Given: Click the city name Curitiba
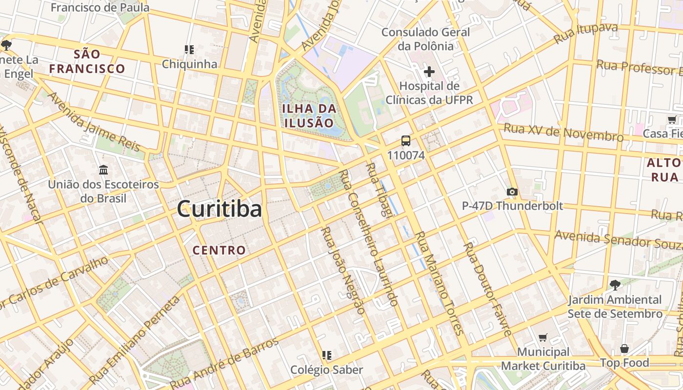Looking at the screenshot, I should [x=220, y=209].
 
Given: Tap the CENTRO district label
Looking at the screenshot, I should [x=219, y=251].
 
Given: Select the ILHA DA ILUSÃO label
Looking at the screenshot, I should [x=309, y=116].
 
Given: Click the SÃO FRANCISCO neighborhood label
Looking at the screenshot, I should [x=87, y=61].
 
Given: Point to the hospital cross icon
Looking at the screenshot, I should [x=429, y=72].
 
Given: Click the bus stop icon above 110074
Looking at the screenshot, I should [x=406, y=141].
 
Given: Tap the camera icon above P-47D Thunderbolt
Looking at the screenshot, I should [x=512, y=192].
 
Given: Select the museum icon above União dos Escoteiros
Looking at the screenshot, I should [x=103, y=170].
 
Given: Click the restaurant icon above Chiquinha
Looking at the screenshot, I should [x=189, y=49].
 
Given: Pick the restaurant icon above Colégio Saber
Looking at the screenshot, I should [x=326, y=355].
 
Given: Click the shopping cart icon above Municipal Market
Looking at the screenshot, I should [x=543, y=337].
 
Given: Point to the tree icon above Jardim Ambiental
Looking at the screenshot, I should [x=615, y=285].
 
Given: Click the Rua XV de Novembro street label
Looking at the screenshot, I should [x=563, y=132].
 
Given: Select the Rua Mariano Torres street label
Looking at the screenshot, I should [x=439, y=283].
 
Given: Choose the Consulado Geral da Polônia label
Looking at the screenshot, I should [x=426, y=39].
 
